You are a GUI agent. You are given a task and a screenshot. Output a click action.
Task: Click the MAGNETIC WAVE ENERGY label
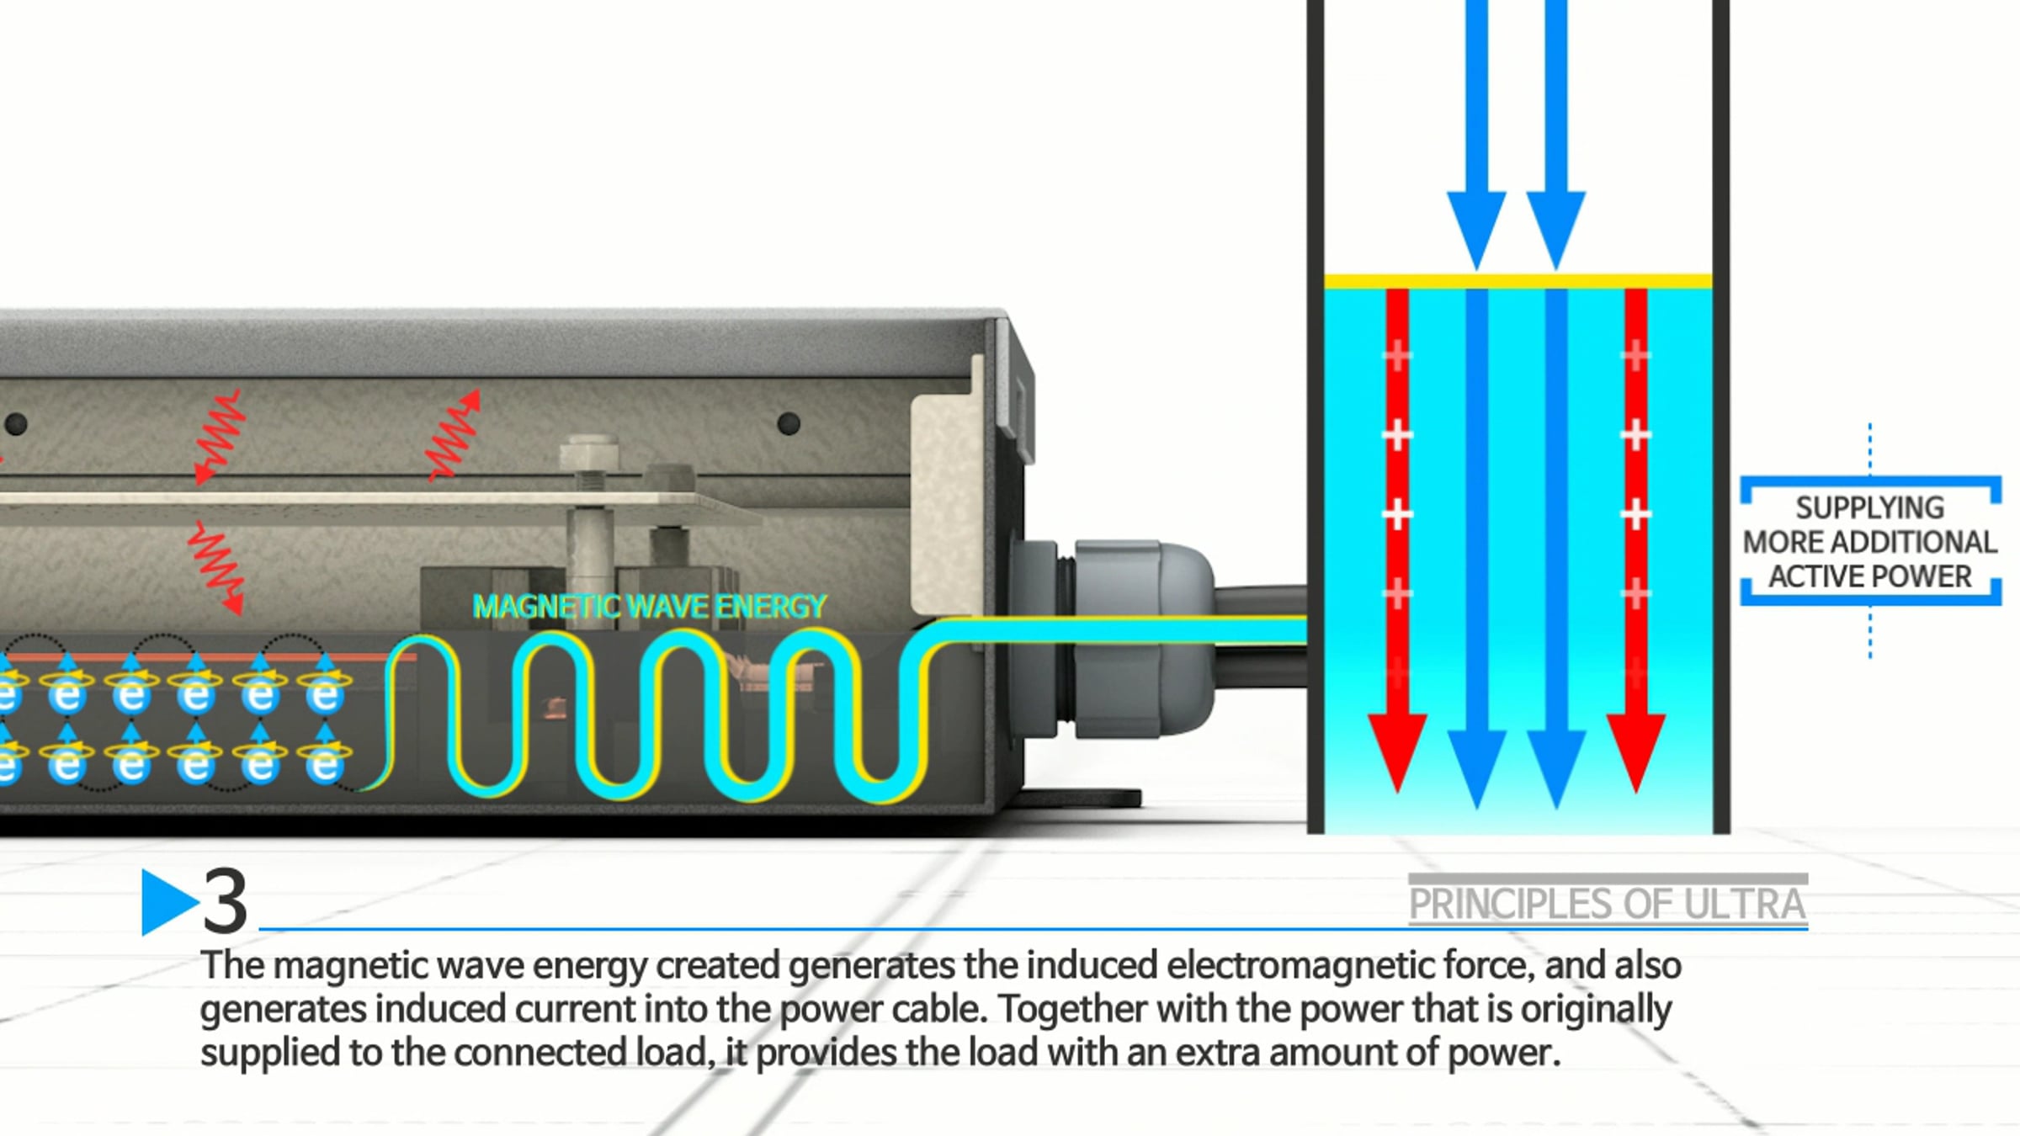point(650,606)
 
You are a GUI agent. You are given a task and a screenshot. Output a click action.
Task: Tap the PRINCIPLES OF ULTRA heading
point(1608,904)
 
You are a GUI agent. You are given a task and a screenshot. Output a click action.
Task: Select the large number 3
point(226,902)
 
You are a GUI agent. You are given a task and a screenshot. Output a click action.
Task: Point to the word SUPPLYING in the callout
point(1870,507)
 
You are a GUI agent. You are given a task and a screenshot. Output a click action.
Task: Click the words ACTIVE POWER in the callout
point(1870,576)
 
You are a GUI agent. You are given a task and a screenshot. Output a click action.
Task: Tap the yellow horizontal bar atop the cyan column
point(1518,282)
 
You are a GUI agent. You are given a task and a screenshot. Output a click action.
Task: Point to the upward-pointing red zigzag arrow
point(454,435)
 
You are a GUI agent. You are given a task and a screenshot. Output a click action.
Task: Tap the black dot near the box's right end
point(789,423)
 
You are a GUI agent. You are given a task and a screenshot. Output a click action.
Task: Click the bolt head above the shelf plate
point(589,452)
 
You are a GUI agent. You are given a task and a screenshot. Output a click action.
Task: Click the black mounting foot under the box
point(1082,797)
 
